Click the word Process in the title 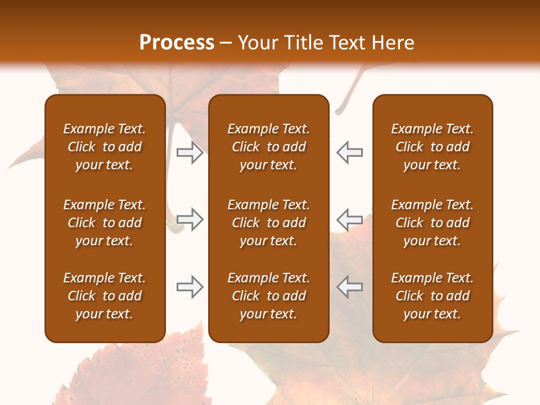pyautogui.click(x=177, y=43)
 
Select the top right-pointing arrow pyautogui.click(x=190, y=153)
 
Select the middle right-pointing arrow pyautogui.click(x=190, y=219)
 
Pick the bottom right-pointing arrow pyautogui.click(x=190, y=287)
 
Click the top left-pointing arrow pyautogui.click(x=349, y=153)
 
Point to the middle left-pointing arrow pyautogui.click(x=349, y=219)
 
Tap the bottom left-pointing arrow pyautogui.click(x=349, y=287)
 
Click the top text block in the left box pyautogui.click(x=105, y=147)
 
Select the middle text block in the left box pyautogui.click(x=105, y=223)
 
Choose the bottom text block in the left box pyautogui.click(x=105, y=296)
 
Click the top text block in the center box pyautogui.click(x=268, y=147)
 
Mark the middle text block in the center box pyautogui.click(x=268, y=223)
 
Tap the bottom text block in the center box pyautogui.click(x=268, y=296)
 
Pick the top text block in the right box pyautogui.click(x=432, y=147)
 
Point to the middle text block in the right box pyautogui.click(x=432, y=223)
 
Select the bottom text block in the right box pyautogui.click(x=432, y=296)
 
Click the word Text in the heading pyautogui.click(x=347, y=43)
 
